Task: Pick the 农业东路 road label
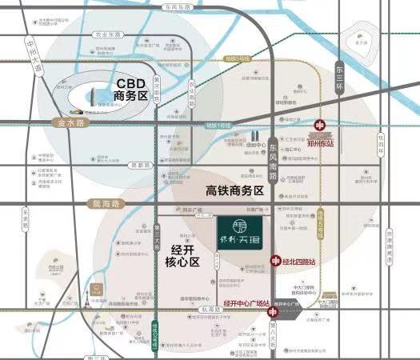107,34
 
